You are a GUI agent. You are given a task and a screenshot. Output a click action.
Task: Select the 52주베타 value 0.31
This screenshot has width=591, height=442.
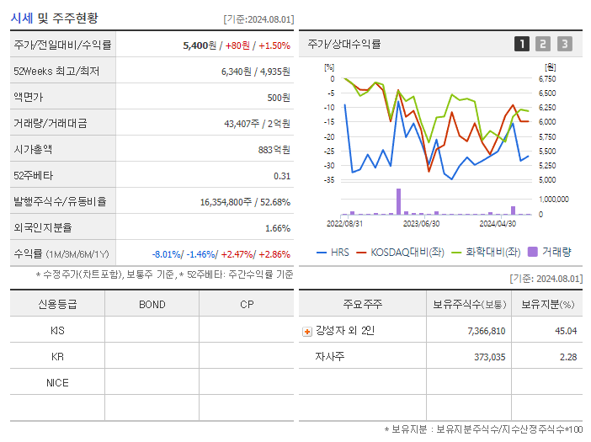[x=281, y=176]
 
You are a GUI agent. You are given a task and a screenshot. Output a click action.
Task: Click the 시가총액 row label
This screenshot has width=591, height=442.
[x=34, y=150]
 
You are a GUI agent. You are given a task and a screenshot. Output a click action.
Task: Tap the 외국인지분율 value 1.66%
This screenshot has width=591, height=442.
[x=277, y=228]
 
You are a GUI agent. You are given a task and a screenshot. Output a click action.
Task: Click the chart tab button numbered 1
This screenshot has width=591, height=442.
[x=522, y=44]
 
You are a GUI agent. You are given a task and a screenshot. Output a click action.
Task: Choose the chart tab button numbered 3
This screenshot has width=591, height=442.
[x=564, y=44]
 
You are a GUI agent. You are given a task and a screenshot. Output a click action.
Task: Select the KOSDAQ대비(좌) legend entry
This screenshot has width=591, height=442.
[x=407, y=251]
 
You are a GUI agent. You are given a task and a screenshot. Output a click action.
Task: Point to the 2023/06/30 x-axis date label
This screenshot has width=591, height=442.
[x=421, y=224]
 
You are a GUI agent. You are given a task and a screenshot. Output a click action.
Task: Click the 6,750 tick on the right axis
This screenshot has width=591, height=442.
[x=547, y=79]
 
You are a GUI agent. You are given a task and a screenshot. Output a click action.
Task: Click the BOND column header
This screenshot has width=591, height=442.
[x=152, y=304]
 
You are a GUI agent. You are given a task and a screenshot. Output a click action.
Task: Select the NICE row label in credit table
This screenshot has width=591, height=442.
[x=57, y=382]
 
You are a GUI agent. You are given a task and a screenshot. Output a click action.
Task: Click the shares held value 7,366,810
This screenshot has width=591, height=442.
[x=486, y=331]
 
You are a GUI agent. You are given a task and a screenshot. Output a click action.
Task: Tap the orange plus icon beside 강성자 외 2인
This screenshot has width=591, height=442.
[x=307, y=332]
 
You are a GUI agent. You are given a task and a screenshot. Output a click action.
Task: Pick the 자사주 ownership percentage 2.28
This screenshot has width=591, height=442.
[x=567, y=357]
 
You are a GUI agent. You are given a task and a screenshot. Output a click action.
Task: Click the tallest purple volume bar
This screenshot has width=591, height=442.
[x=398, y=202]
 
